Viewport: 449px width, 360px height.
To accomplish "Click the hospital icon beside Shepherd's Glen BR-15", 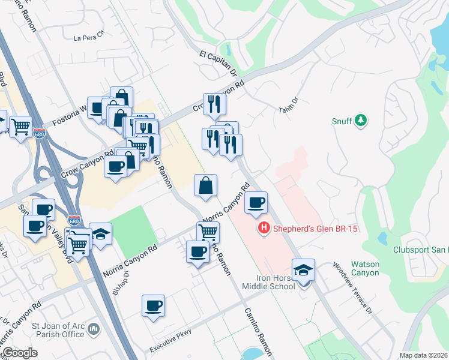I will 263,229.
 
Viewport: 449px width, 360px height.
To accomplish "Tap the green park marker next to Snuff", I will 361,121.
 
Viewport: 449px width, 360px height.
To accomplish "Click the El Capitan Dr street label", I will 217,63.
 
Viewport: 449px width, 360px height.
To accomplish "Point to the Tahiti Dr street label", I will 288,104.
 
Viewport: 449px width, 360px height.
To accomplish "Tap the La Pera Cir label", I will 89,37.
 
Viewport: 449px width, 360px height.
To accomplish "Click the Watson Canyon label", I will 365,268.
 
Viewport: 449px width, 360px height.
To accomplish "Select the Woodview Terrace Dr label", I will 352,288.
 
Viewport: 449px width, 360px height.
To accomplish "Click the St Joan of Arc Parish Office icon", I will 93,329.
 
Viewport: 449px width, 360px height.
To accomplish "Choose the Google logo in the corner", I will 20,353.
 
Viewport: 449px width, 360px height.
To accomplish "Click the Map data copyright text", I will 423,355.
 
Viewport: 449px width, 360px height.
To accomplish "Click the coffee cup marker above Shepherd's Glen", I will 256,203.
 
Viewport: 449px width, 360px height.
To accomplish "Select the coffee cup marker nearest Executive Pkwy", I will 153,306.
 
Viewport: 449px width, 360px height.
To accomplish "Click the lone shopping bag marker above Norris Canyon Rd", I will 205,185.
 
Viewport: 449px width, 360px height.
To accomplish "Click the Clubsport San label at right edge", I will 420,250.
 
